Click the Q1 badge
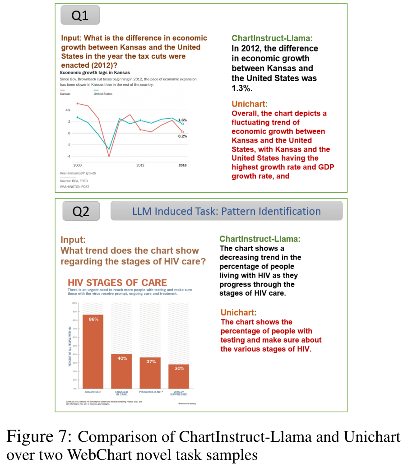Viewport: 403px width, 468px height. click(80, 16)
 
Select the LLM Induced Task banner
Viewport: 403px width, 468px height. click(227, 211)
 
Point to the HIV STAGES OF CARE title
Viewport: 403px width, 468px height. click(117, 283)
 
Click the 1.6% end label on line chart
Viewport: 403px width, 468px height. click(182, 120)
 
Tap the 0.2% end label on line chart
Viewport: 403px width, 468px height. click(182, 136)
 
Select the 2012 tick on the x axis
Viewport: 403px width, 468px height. click(140, 165)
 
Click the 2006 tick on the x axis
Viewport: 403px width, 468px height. click(78, 165)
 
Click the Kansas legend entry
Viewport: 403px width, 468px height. click(65, 94)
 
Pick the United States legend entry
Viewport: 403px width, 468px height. click(103, 94)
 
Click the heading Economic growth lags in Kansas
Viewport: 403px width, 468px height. click(95, 72)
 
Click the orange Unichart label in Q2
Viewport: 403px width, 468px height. click(238, 312)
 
